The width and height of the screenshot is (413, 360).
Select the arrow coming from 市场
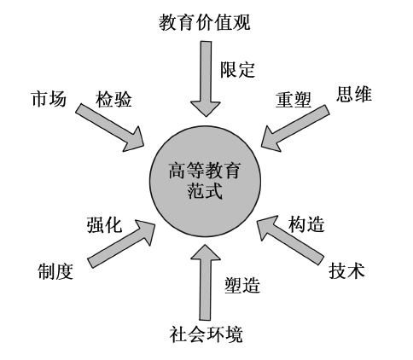[x=111, y=125]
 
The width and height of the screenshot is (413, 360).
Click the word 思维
[x=354, y=94]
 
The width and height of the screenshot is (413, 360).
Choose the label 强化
[x=105, y=224]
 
